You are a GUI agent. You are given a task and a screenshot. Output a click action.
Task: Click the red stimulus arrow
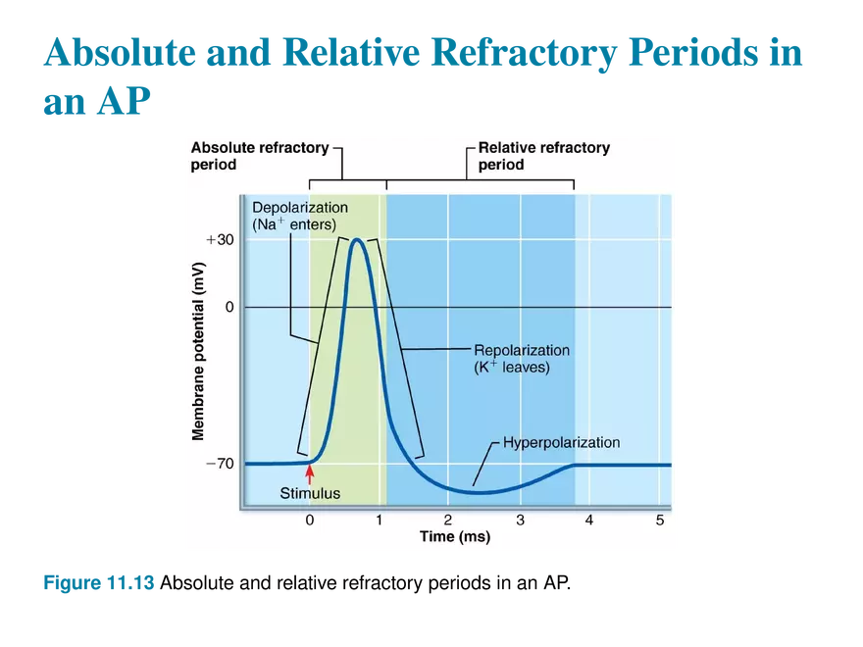pos(310,474)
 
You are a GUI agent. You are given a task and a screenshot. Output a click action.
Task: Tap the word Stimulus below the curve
pos(310,493)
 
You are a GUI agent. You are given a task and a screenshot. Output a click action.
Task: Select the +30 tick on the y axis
pos(219,240)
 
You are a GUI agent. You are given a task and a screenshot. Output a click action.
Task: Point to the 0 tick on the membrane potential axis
pos(228,307)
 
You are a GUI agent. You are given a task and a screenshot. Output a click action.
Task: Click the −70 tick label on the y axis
pos(219,464)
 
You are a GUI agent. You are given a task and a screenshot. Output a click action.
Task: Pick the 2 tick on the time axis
pos(449,520)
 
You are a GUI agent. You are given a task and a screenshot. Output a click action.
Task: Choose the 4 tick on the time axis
pos(589,520)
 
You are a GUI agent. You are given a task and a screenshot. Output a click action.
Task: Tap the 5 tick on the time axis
pos(660,520)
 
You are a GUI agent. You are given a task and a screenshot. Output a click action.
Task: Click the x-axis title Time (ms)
pos(454,537)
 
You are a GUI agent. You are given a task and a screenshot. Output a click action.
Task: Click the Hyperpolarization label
pos(561,442)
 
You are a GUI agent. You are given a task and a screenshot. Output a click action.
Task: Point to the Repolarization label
pos(522,350)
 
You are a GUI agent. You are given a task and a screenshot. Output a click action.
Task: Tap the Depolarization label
pos(300,208)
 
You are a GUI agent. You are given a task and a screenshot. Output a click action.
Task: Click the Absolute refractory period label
pos(259,156)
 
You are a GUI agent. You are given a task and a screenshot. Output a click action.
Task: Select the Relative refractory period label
pos(543,156)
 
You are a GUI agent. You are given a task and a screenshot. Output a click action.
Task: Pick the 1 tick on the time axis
pos(380,520)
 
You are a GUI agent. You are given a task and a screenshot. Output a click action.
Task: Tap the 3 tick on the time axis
pos(520,520)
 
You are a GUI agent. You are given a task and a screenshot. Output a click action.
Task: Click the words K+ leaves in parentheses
pos(512,368)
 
